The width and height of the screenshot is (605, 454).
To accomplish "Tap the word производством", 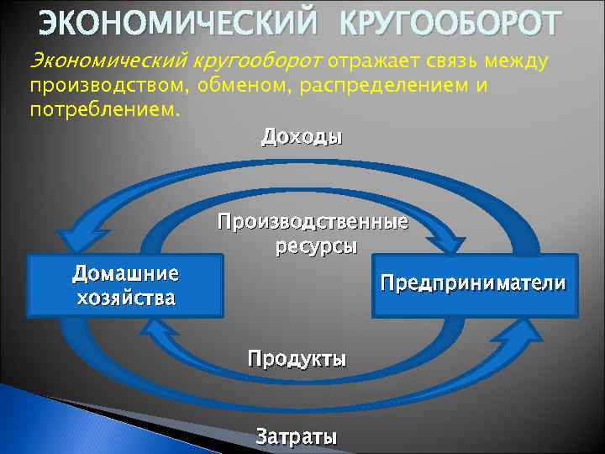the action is pyautogui.click(x=109, y=87).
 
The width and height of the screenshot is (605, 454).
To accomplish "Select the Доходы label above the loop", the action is pyautogui.click(x=302, y=137).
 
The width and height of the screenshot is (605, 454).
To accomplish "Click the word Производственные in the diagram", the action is pyautogui.click(x=313, y=223).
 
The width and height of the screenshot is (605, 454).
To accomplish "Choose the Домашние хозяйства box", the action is pyautogui.click(x=125, y=286).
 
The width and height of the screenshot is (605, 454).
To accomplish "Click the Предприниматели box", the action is pyautogui.click(x=475, y=284).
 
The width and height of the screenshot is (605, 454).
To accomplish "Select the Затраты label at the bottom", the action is pyautogui.click(x=297, y=437).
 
